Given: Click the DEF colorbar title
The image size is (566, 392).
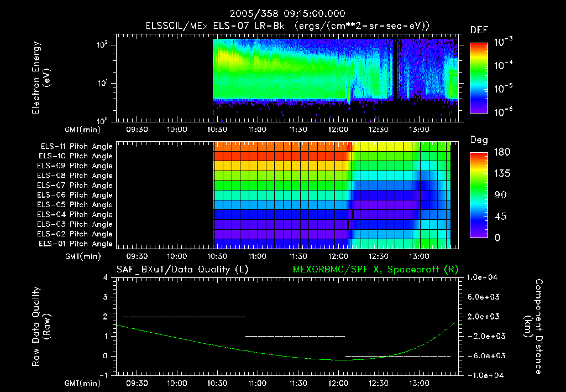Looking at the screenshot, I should click(479, 30).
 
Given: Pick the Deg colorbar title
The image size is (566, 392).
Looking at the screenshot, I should click(479, 140).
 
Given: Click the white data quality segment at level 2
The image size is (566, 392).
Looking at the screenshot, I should click(184, 317).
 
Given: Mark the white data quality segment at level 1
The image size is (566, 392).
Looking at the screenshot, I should click(295, 336).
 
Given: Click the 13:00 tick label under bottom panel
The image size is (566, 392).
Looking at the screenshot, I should click(418, 383).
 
